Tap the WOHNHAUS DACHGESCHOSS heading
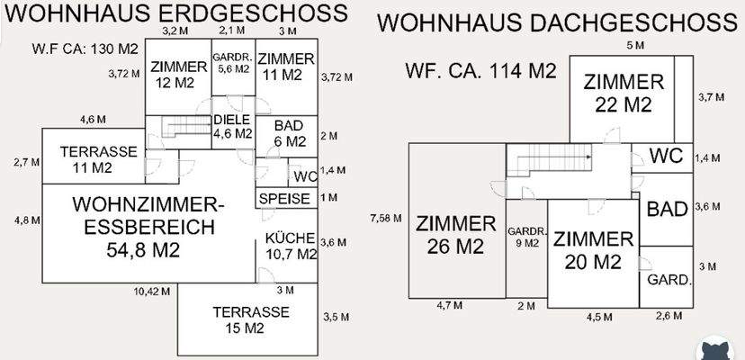(555, 23)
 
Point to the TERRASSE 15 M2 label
(250, 319)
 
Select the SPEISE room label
(284, 199)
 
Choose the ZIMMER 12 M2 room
(177, 75)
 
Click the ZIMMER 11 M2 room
(285, 67)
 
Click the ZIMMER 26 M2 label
(455, 234)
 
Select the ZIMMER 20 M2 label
(593, 250)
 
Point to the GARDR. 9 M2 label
(526, 236)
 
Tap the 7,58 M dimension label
(385, 219)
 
